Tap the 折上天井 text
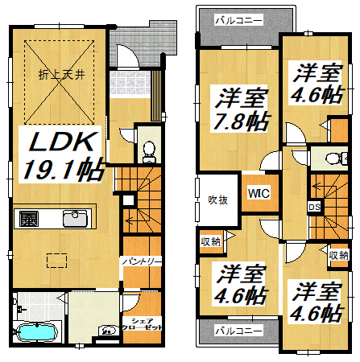(x=61, y=74)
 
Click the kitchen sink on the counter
(x=75, y=218)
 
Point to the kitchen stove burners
(x=29, y=219)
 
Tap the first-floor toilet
(x=149, y=152)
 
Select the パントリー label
(x=142, y=261)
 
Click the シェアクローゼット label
(x=142, y=324)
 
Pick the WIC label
(x=259, y=193)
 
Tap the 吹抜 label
(x=217, y=200)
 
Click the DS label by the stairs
(x=314, y=207)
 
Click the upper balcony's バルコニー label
(x=238, y=21)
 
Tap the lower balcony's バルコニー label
(x=238, y=331)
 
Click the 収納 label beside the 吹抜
(x=211, y=242)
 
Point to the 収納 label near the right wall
(x=339, y=256)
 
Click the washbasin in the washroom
(x=110, y=331)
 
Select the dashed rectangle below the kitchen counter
(x=56, y=261)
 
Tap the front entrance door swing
(x=127, y=56)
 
